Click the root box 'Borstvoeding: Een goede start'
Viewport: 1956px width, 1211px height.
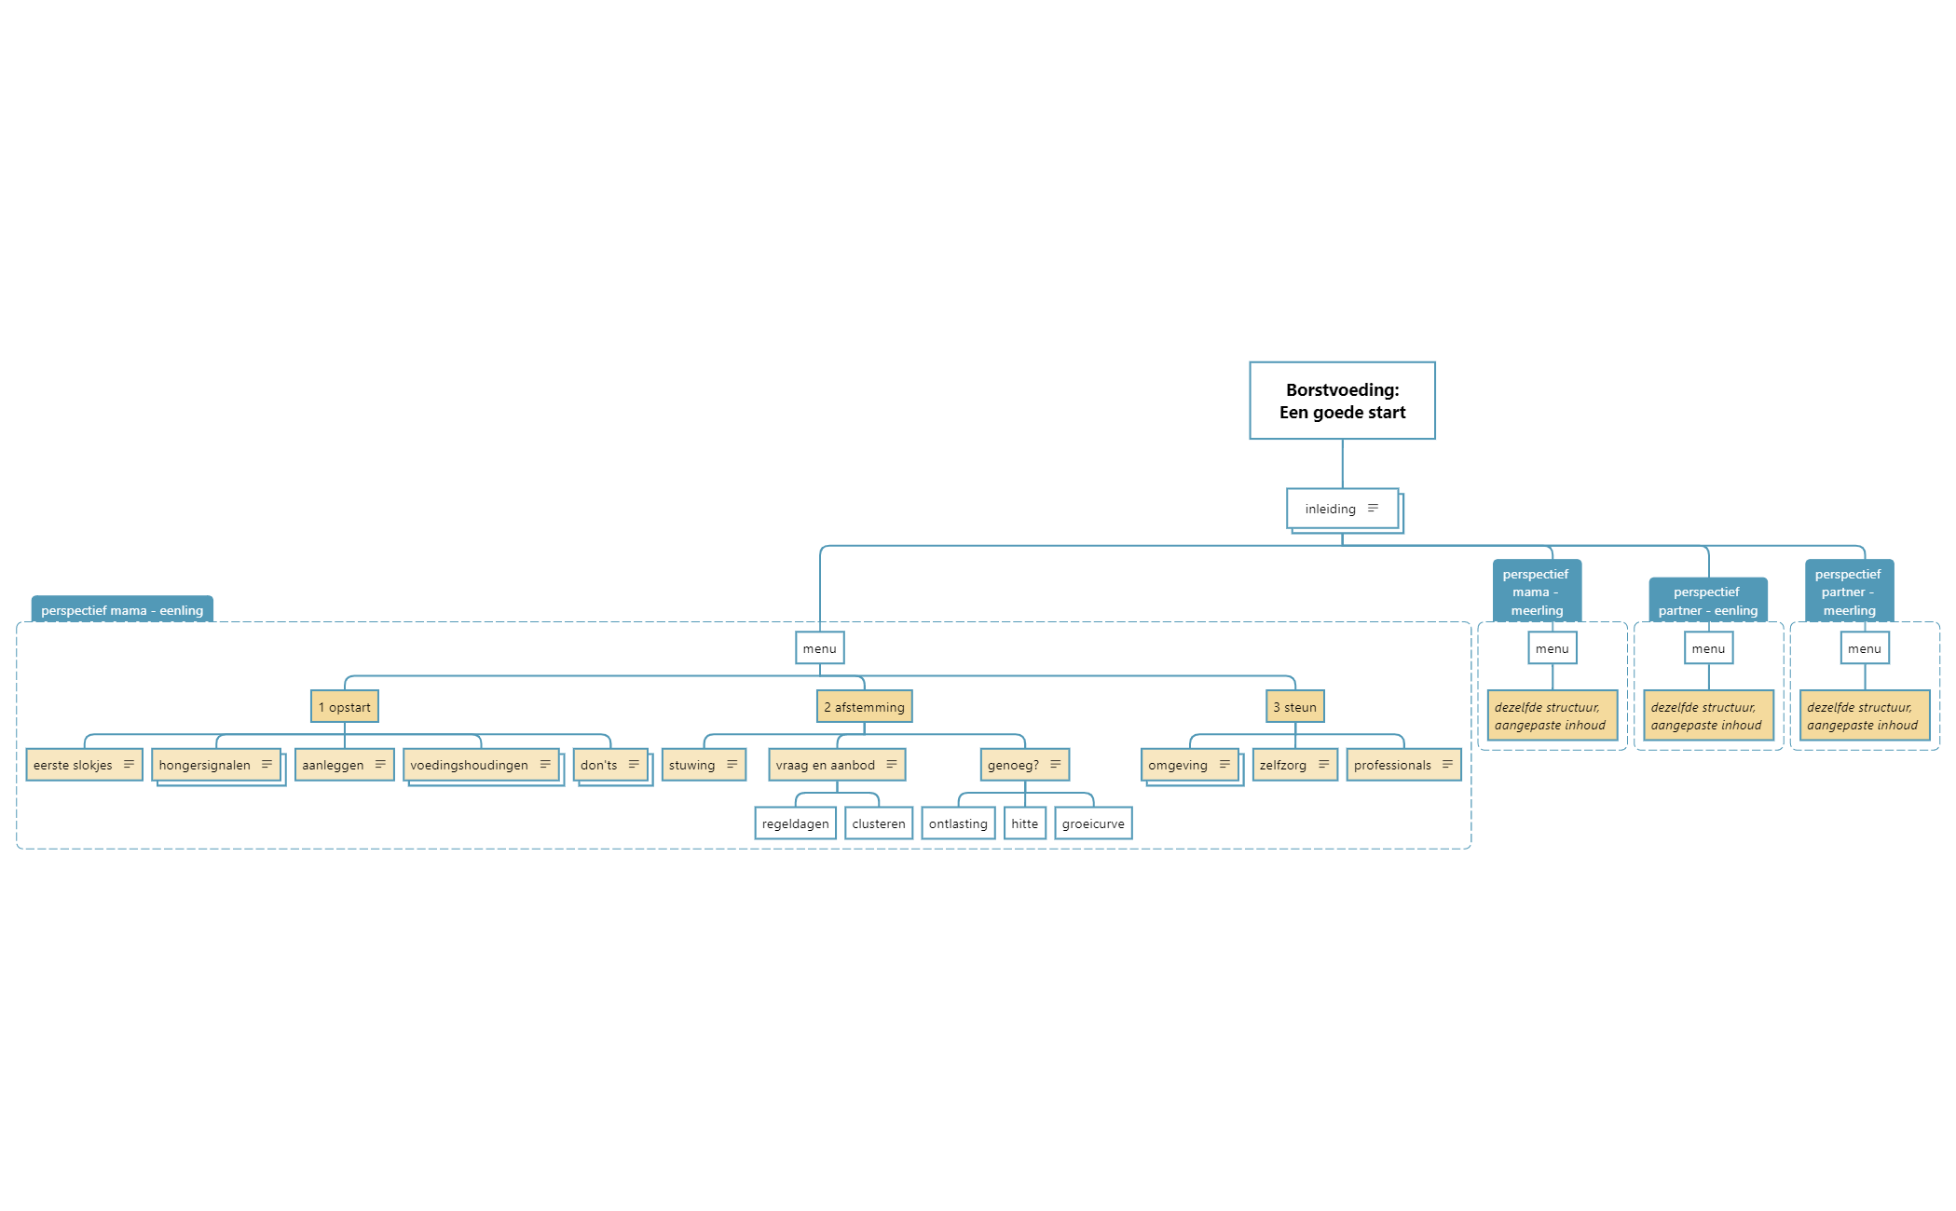pos(1342,401)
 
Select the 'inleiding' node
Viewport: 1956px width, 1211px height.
pos(1343,509)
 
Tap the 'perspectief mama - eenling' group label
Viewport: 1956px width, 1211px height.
pos(122,609)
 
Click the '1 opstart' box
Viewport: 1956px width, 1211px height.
pos(345,707)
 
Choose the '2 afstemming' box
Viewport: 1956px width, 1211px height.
pos(865,707)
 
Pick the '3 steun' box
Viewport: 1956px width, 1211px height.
pos(1295,707)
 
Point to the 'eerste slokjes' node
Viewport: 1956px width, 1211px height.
pos(84,765)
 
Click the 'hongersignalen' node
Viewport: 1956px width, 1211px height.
pos(216,765)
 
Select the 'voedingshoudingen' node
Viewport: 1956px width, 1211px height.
pos(481,765)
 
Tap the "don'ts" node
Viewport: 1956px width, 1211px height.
pos(610,765)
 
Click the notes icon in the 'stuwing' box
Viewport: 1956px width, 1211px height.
pos(732,765)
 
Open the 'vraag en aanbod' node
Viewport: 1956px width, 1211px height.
pos(837,765)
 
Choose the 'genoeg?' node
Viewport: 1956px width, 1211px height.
pos(1025,765)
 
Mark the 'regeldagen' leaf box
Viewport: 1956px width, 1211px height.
pos(796,823)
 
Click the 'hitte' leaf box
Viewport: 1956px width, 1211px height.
pos(1025,823)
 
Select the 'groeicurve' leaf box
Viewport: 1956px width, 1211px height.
pos(1094,823)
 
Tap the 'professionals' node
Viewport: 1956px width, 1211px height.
pos(1403,765)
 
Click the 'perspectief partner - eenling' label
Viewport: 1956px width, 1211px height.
pos(1708,601)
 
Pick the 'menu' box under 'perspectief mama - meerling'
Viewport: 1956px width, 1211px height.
pos(1552,648)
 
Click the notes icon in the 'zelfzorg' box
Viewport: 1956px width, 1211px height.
pos(1324,765)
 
